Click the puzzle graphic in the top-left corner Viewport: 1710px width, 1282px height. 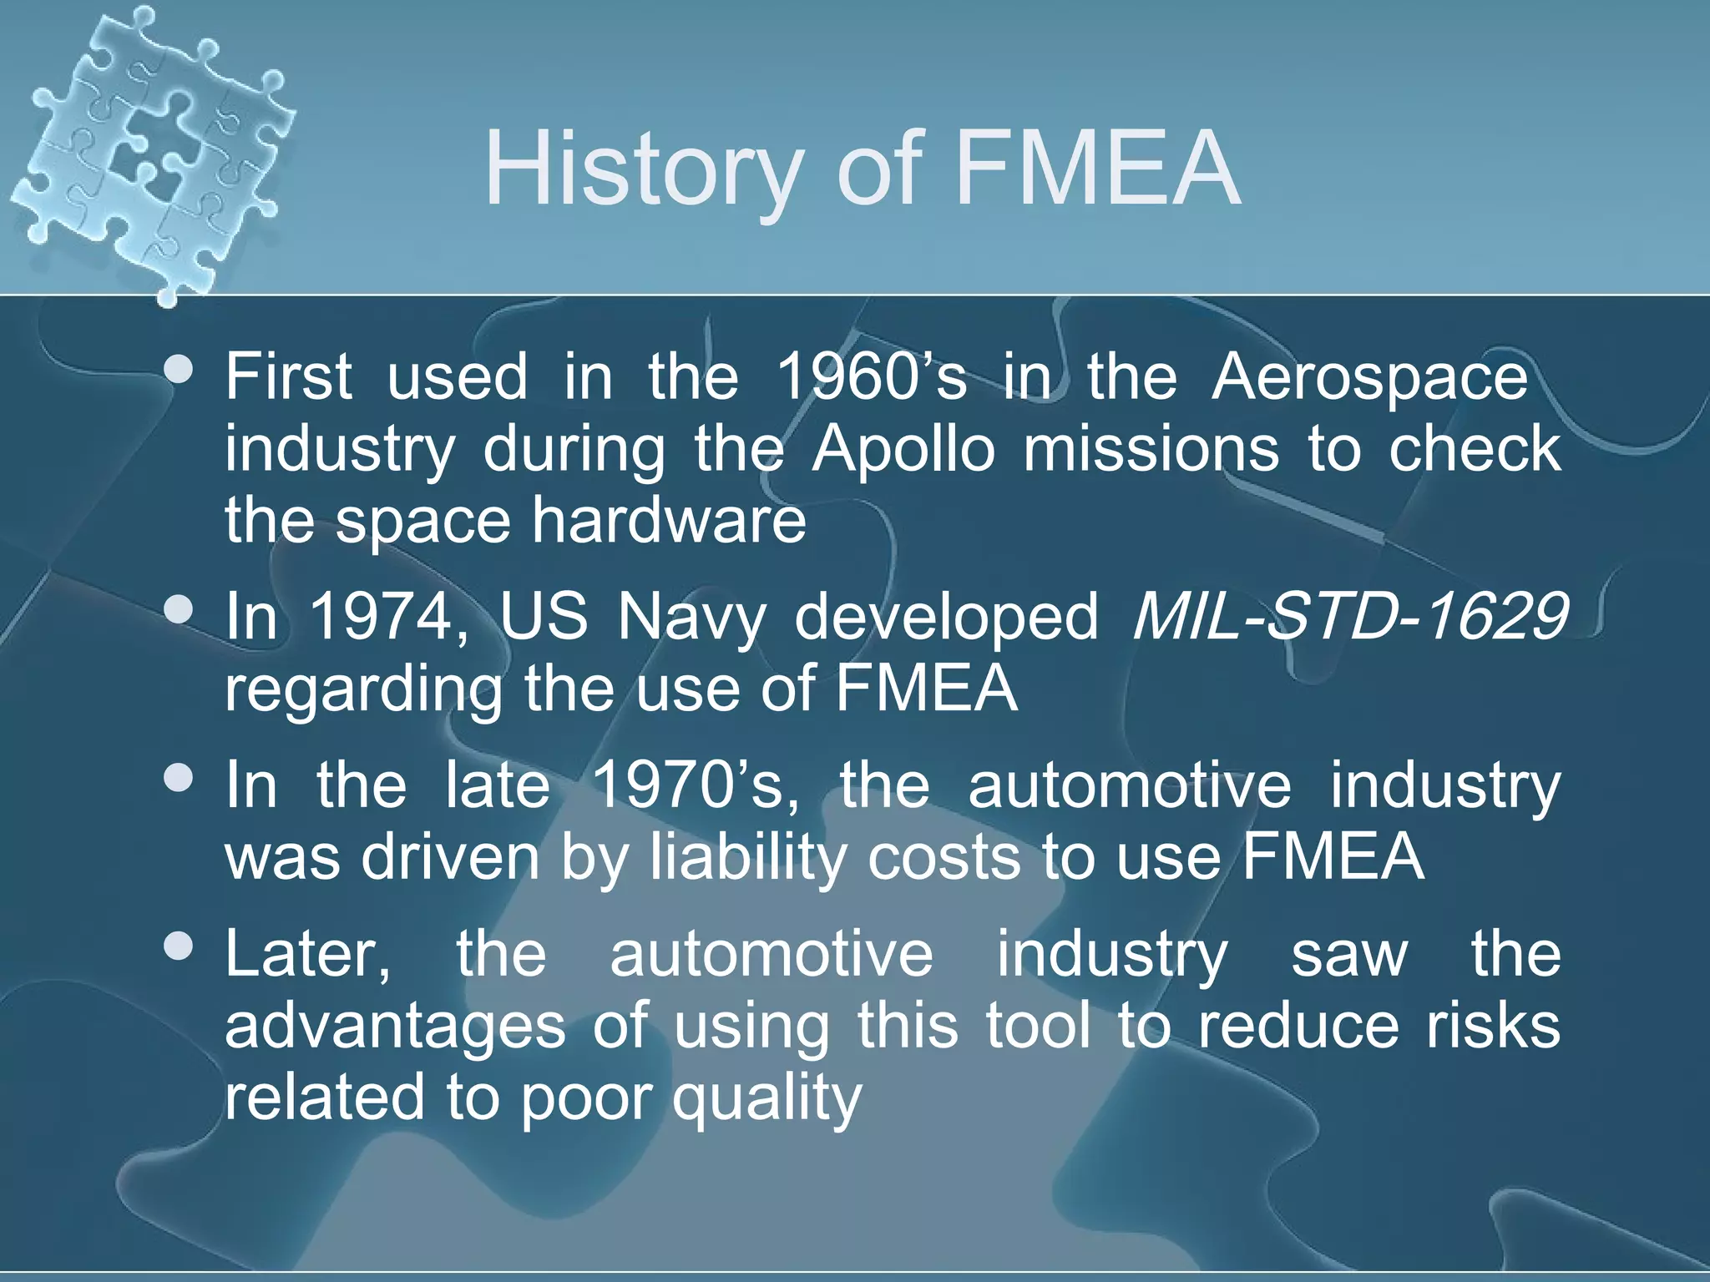(x=150, y=150)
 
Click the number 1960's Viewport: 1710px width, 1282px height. (x=871, y=377)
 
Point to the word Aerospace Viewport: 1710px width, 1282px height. (x=1369, y=377)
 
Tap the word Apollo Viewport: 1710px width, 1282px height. (x=903, y=449)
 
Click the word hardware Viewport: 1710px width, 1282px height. (x=669, y=520)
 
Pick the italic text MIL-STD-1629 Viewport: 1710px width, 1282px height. (x=1349, y=618)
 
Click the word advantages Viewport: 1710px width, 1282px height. (x=395, y=1027)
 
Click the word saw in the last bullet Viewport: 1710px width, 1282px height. (x=1349, y=956)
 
